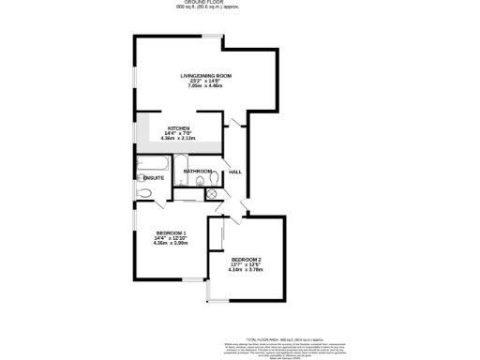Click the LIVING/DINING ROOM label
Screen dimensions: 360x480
coord(205,75)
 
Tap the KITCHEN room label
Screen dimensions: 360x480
coord(179,127)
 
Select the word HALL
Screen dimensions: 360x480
coord(234,172)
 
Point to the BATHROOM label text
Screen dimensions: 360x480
coord(197,172)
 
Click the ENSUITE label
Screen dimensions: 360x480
coord(154,177)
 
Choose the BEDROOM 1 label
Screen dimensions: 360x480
coord(171,232)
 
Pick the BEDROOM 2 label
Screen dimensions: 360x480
coord(246,259)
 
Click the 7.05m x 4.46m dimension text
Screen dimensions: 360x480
coord(205,85)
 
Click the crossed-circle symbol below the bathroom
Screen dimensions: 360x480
coord(212,194)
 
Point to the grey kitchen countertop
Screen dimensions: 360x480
coord(178,145)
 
